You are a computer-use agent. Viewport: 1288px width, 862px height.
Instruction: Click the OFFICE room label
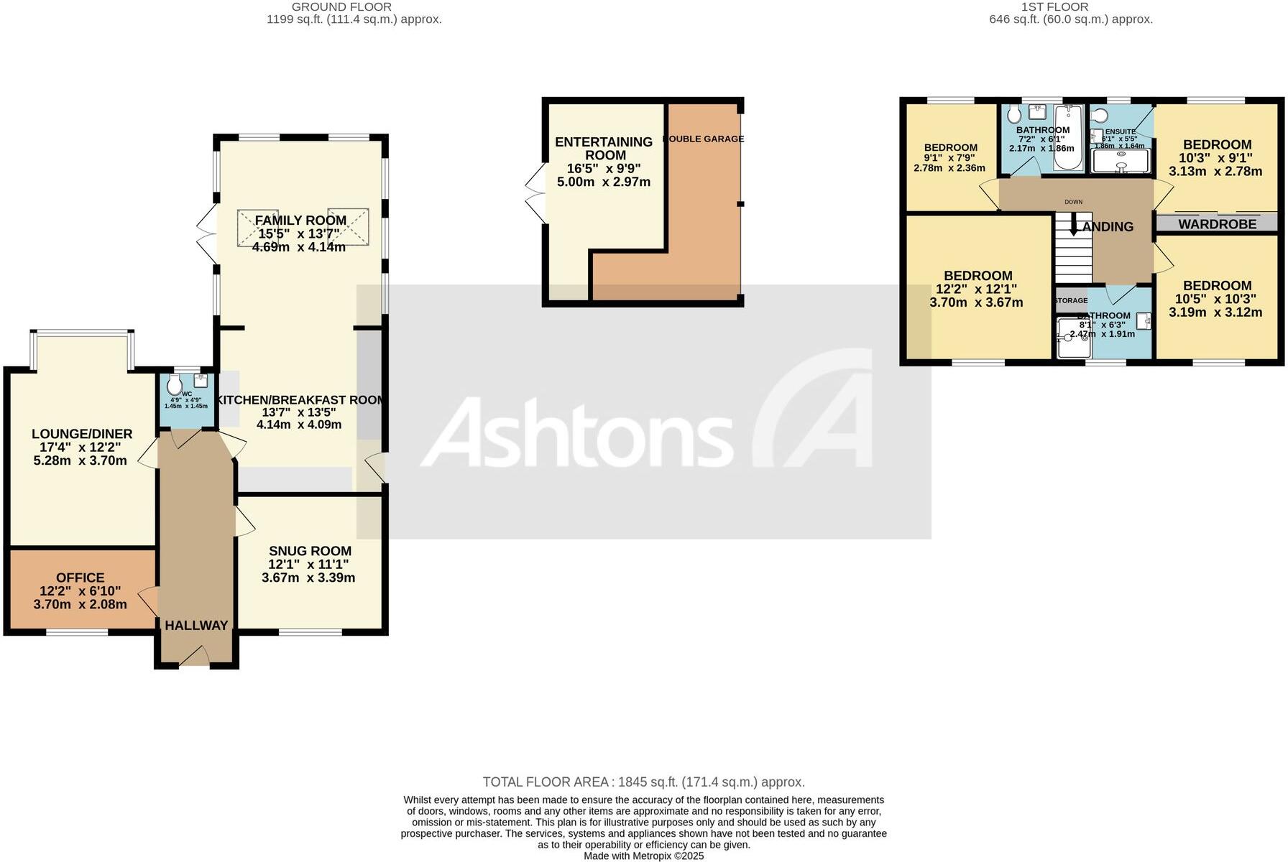coord(80,578)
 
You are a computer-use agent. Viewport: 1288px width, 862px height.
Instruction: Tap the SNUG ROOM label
coord(310,551)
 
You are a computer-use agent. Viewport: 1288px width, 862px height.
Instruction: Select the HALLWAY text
coord(196,626)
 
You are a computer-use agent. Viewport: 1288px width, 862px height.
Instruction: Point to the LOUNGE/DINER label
coord(82,434)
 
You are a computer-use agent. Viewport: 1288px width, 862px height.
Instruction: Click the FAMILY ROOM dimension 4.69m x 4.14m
coord(299,247)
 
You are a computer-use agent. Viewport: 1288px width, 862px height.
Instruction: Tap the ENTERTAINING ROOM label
coord(604,149)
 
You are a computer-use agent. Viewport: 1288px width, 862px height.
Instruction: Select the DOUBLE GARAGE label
coord(704,139)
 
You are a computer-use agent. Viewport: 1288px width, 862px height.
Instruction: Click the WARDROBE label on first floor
coord(1217,224)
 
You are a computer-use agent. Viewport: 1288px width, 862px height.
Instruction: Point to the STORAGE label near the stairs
coord(1071,300)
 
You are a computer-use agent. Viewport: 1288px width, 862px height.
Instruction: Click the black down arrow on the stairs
coord(1074,228)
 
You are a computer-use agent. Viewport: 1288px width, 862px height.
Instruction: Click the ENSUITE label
coord(1120,131)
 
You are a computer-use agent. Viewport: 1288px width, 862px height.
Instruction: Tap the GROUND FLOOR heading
coord(341,6)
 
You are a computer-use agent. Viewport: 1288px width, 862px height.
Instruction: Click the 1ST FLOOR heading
coord(1054,6)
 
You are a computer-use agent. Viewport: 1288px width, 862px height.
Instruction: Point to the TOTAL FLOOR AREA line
coord(643,782)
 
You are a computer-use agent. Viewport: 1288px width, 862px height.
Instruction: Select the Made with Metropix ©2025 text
coord(643,856)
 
